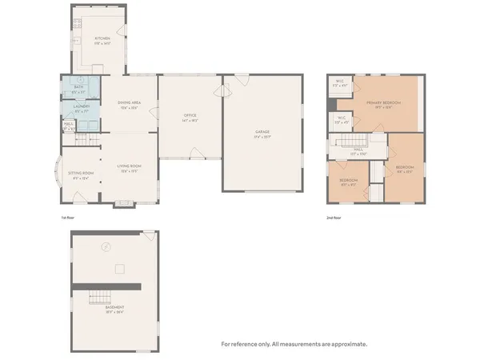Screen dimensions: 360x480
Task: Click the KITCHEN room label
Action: click(102, 38)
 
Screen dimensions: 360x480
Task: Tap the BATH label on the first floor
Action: click(80, 90)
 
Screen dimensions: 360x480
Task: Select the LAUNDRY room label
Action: click(80, 106)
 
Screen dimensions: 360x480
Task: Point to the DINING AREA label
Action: click(129, 104)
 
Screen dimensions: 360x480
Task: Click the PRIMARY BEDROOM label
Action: click(383, 103)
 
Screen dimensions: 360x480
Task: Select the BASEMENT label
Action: click(116, 313)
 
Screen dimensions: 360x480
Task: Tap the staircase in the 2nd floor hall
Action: click(350, 141)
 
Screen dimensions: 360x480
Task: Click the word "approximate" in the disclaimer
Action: click(349, 344)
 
